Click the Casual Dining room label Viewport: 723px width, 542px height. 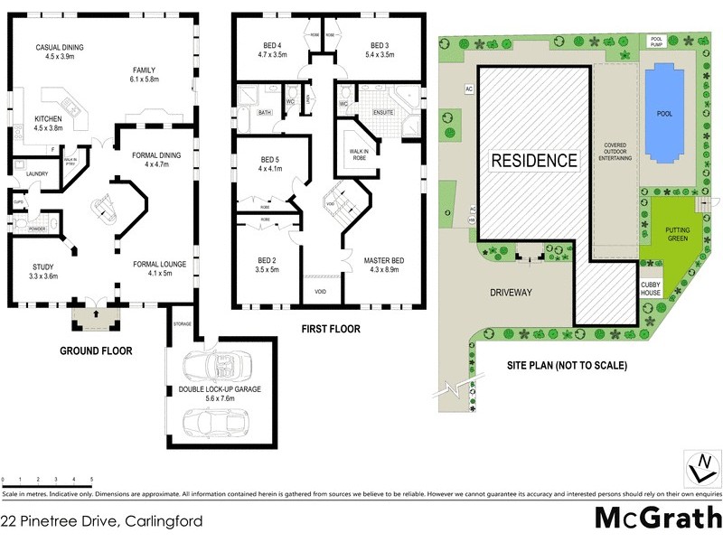pos(60,47)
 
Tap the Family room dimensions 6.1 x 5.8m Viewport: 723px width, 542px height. pos(144,79)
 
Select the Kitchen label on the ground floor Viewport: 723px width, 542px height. pos(48,119)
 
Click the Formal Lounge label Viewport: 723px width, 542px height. pos(159,264)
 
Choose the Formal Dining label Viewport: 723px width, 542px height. pos(156,155)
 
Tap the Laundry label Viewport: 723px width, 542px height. pos(37,173)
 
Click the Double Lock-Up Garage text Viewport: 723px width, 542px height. pos(220,388)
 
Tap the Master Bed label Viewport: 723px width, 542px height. pos(383,261)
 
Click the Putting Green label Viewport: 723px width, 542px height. pos(677,233)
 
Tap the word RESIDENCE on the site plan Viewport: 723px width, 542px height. pos(533,161)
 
